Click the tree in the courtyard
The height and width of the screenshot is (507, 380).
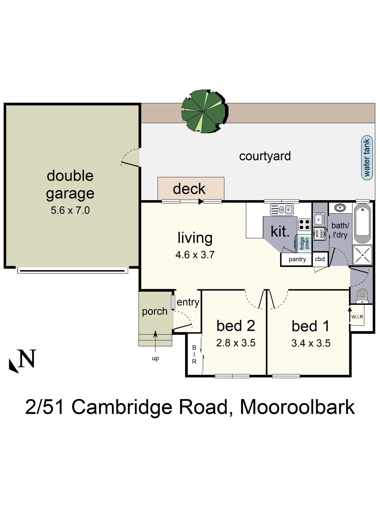point(204,111)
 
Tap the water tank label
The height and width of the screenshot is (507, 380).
point(367,158)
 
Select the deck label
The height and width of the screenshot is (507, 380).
point(189,189)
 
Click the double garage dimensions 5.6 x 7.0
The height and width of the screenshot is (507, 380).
point(70,210)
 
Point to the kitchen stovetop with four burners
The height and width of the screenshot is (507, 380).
point(304,225)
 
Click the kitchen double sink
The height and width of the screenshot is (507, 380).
point(282,209)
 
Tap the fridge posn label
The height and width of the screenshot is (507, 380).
point(304,243)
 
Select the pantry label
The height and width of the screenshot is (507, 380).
point(297,259)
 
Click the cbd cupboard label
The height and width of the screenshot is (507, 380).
point(320,259)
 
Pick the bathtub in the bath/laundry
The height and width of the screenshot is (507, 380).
point(362,223)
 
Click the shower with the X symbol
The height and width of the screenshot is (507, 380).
point(362,255)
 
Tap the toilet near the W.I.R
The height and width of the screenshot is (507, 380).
point(362,296)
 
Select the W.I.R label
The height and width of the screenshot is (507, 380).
point(357,317)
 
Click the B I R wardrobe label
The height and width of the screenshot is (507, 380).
point(194,354)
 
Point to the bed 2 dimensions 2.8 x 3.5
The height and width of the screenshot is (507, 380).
point(236,343)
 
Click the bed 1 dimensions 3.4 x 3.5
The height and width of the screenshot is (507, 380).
point(311,343)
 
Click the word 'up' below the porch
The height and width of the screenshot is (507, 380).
point(155,358)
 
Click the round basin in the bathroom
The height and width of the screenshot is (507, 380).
point(340,208)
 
